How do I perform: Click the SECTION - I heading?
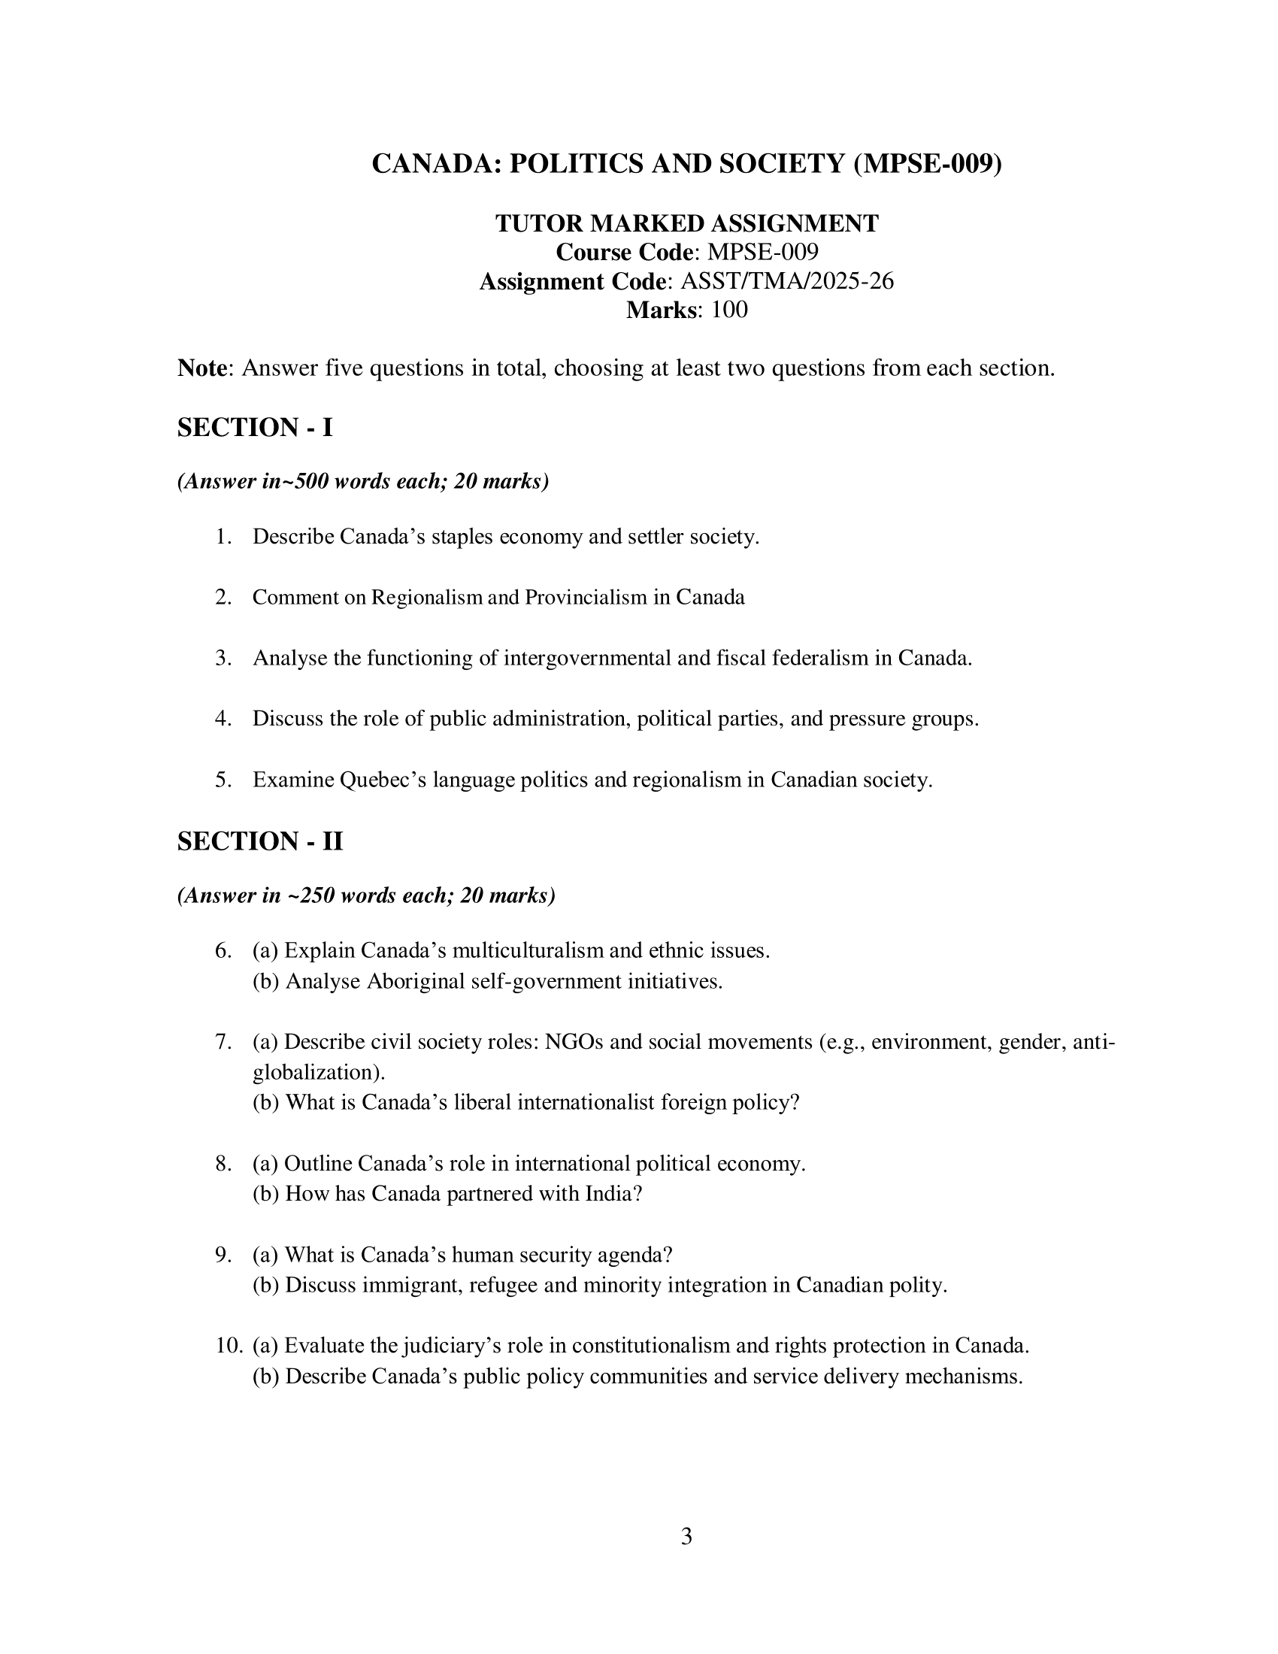(255, 428)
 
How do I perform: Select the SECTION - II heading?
(259, 841)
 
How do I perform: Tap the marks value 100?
(729, 310)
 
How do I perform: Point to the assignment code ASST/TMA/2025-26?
(787, 281)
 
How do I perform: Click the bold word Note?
(202, 368)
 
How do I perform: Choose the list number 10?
(229, 1346)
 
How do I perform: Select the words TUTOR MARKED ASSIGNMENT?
(686, 223)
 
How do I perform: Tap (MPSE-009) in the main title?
(927, 164)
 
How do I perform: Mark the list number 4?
(223, 718)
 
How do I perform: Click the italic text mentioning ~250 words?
(366, 896)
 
